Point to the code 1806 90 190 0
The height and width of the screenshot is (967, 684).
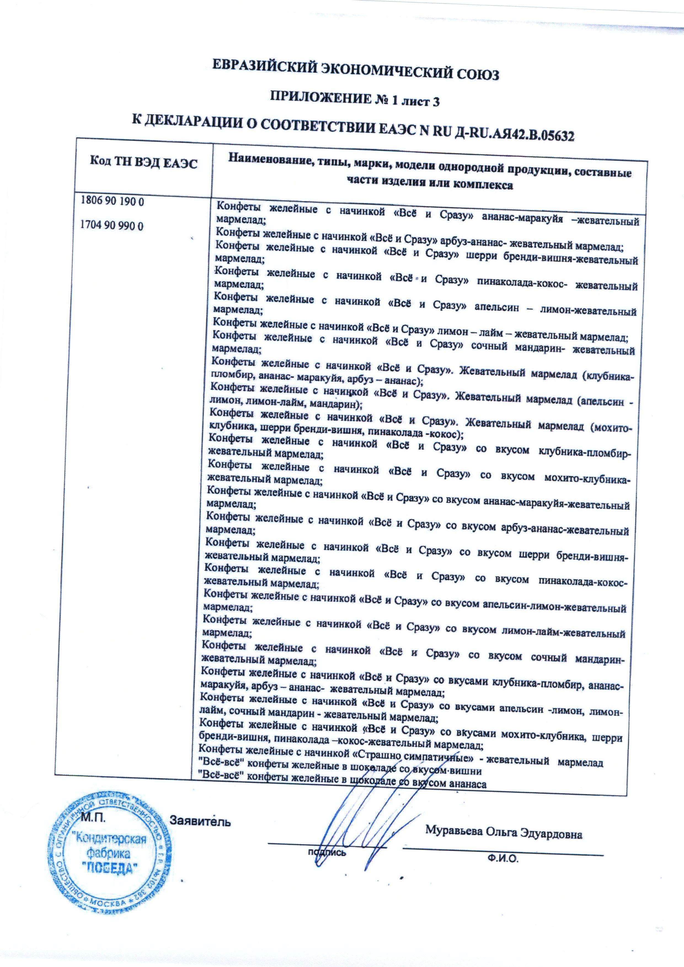coord(112,201)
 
